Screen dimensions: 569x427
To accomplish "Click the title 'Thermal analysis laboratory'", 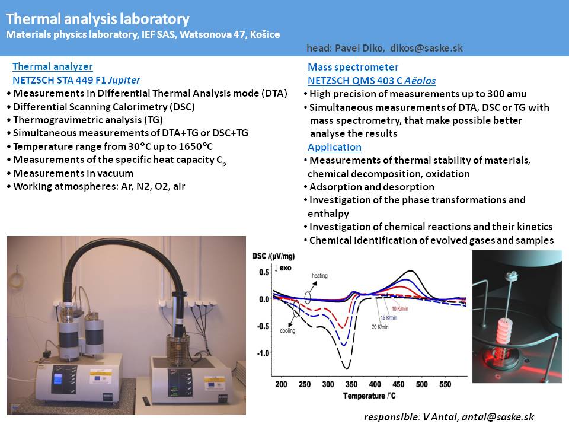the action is click(98, 19).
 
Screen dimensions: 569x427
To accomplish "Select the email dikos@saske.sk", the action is click(426, 48).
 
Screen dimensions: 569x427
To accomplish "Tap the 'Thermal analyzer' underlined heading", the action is click(53, 66).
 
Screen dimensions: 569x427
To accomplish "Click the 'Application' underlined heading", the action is click(334, 147).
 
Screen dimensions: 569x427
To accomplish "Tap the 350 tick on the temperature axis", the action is click(351, 384).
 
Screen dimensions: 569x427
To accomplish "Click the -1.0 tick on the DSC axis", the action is click(263, 353).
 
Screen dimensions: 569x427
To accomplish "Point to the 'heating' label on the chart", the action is click(319, 276).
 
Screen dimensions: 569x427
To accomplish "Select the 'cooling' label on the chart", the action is click(287, 331).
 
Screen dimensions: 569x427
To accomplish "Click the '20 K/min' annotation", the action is click(380, 327).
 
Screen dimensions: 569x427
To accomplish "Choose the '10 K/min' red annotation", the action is click(400, 308).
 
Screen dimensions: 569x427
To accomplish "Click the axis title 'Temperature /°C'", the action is click(369, 396).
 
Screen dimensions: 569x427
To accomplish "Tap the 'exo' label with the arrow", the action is click(283, 268).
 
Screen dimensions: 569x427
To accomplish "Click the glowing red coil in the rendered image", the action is click(504, 334).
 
